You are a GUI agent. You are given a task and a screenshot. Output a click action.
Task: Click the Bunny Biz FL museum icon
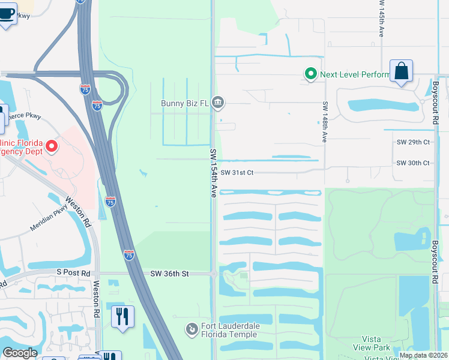(218, 103)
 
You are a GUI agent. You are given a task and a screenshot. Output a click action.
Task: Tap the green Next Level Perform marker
(310, 74)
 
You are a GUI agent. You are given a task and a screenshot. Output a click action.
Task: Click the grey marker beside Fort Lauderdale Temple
(191, 329)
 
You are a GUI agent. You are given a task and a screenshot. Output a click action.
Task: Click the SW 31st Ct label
(238, 173)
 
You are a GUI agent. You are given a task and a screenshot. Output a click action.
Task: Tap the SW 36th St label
(169, 274)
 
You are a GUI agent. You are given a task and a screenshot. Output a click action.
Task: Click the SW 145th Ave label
(381, 21)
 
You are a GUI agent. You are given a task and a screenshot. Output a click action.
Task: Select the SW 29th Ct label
(413, 142)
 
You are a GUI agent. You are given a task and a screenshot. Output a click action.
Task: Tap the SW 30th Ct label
(413, 163)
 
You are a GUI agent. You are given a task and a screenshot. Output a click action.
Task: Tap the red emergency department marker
(52, 146)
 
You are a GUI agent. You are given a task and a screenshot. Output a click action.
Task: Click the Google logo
(20, 353)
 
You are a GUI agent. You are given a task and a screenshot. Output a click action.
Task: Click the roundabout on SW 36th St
(214, 274)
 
